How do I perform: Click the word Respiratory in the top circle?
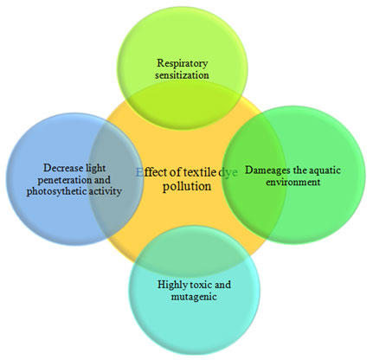pyautogui.click(x=182, y=63)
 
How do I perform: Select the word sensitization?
pyautogui.click(x=182, y=75)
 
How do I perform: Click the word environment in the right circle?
pyautogui.click(x=293, y=183)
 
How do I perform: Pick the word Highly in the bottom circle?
pyautogui.click(x=172, y=286)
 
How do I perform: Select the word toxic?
pyautogui.click(x=201, y=285)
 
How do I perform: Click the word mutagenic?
pyautogui.click(x=194, y=297)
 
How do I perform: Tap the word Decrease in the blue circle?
pyautogui.click(x=61, y=168)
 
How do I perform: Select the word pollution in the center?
pyautogui.click(x=187, y=186)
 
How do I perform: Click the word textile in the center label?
pyautogui.click(x=200, y=172)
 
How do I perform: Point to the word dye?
pyautogui.click(x=228, y=173)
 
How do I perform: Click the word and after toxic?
pyautogui.click(x=223, y=285)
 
